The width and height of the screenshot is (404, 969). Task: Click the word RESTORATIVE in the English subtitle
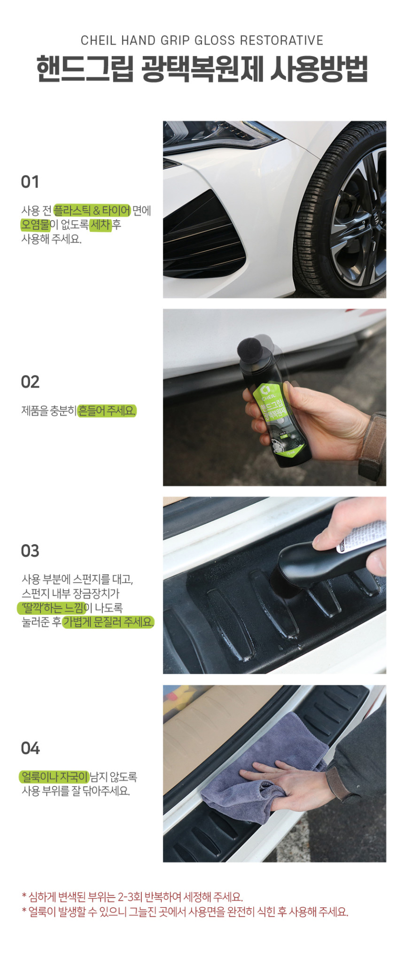point(281,40)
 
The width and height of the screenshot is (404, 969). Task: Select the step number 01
point(30,182)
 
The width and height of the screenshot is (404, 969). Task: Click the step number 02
point(30,382)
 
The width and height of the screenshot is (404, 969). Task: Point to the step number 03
point(30,551)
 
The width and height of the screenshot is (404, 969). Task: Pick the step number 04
point(30,748)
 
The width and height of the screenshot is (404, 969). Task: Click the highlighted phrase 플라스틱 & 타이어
point(92,210)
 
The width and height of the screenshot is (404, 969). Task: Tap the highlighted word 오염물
point(35,225)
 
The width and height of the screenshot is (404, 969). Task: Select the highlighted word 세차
point(101,225)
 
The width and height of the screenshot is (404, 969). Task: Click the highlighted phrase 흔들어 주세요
point(107,411)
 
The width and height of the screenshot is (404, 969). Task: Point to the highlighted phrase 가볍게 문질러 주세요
point(109,622)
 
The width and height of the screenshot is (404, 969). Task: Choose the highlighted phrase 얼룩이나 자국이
point(54,777)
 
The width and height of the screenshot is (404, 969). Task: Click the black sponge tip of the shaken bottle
point(254,348)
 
